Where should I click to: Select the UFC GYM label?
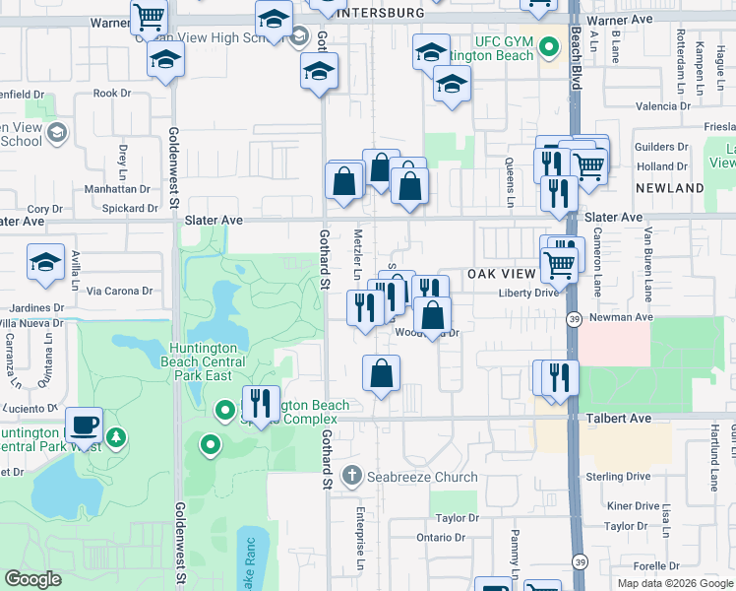(504, 41)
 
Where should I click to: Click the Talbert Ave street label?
(621, 419)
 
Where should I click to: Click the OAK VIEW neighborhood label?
(502, 273)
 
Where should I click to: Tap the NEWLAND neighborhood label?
(669, 187)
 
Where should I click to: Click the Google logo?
(32, 579)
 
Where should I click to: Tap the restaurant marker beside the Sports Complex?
(260, 402)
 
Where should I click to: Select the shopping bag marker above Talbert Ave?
(382, 374)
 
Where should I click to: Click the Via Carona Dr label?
(119, 291)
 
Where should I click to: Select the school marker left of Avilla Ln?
(45, 262)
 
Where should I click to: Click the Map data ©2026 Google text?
(674, 583)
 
